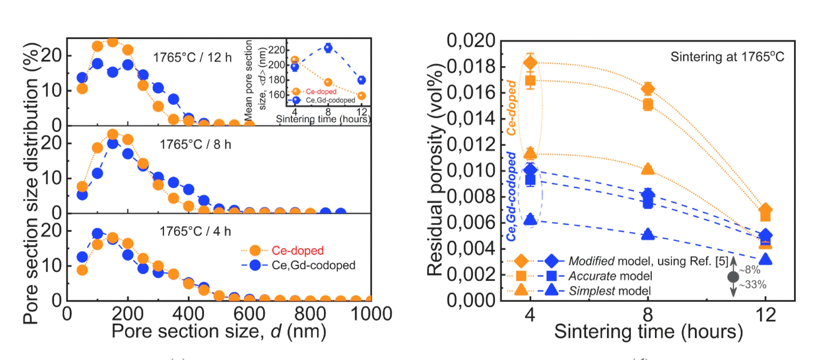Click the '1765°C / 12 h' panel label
tap(192, 58)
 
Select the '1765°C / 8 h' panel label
tap(195, 144)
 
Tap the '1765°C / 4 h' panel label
tap(195, 231)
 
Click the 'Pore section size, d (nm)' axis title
tap(219, 331)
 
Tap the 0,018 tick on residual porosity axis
tap(471, 66)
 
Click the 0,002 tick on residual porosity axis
tap(471, 274)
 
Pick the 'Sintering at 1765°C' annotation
tap(727, 57)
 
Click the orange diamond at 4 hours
tap(530, 63)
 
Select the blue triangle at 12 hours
tap(765, 259)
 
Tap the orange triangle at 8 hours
tap(648, 169)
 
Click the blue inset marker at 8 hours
tap(328, 47)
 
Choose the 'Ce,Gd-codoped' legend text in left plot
tap(313, 265)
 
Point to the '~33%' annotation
tap(753, 285)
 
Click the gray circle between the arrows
tap(733, 277)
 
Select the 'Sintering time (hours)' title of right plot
tap(648, 331)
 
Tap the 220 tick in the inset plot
tap(277, 50)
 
